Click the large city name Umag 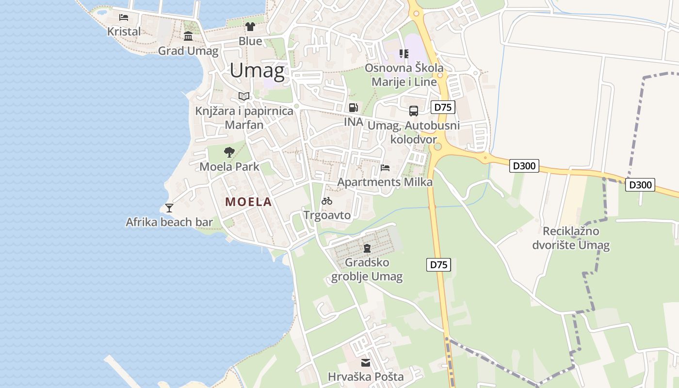tap(257, 71)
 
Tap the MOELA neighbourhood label tap(248, 202)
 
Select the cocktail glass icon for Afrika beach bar tap(169, 208)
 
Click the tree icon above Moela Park tap(229, 152)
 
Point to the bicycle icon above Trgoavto tap(327, 201)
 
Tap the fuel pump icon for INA tap(354, 108)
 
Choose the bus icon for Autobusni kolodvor tap(414, 111)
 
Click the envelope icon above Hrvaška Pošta tap(366, 363)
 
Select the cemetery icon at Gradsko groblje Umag tap(367, 249)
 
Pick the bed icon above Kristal tap(124, 17)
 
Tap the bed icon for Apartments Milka tap(385, 168)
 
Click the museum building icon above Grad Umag tap(188, 36)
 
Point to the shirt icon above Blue tap(250, 27)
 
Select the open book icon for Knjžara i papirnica tap(244, 97)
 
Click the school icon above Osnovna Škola tap(404, 53)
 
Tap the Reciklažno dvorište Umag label tap(571, 238)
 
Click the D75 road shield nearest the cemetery tap(439, 265)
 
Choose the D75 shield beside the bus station tap(443, 107)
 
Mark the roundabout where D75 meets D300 tap(438, 146)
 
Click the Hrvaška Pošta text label tap(366, 377)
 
